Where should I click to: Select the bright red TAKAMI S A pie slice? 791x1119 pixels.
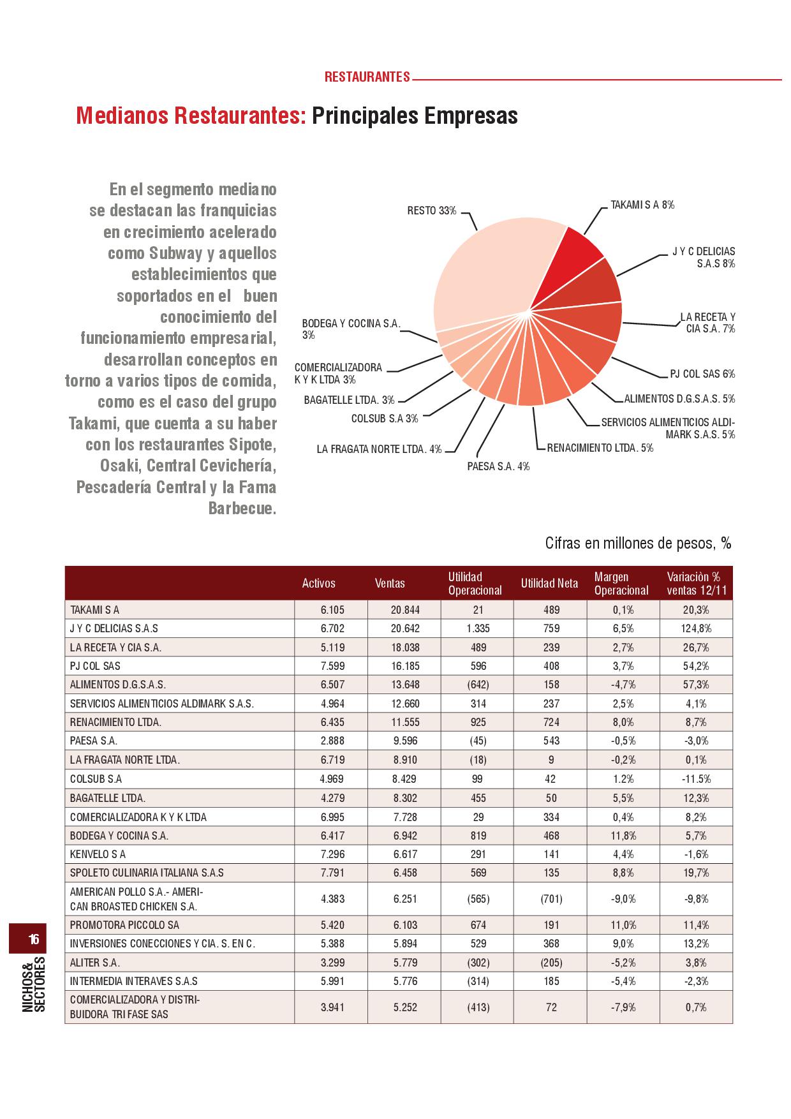pyautogui.click(x=571, y=258)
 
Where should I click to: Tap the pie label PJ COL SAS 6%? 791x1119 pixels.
pyautogui.click(x=702, y=374)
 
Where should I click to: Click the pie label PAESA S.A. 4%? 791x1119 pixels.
pyautogui.click(x=498, y=466)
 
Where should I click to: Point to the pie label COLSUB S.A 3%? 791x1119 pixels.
pyautogui.click(x=385, y=419)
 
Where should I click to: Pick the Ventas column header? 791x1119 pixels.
pyautogui.click(x=390, y=583)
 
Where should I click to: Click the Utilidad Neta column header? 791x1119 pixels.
pyautogui.click(x=549, y=583)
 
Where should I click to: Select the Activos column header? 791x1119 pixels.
pyautogui.click(x=318, y=583)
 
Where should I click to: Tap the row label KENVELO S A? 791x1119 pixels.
pyautogui.click(x=98, y=854)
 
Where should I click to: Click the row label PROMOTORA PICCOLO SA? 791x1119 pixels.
pyautogui.click(x=124, y=924)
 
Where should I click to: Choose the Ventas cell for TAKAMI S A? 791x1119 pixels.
pyautogui.click(x=405, y=610)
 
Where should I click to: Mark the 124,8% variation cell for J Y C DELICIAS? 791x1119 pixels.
pyautogui.click(x=696, y=628)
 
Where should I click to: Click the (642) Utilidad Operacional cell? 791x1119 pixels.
pyautogui.click(x=478, y=685)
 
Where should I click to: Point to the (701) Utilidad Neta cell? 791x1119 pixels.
pyautogui.click(x=551, y=898)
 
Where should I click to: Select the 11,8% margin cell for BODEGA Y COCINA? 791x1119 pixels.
pyautogui.click(x=623, y=835)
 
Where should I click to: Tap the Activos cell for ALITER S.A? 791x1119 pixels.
pyautogui.click(x=332, y=962)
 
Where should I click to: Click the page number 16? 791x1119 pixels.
pyautogui.click(x=34, y=939)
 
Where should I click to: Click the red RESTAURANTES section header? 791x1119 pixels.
pyautogui.click(x=367, y=77)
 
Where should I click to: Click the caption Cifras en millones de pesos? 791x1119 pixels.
pyautogui.click(x=638, y=543)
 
